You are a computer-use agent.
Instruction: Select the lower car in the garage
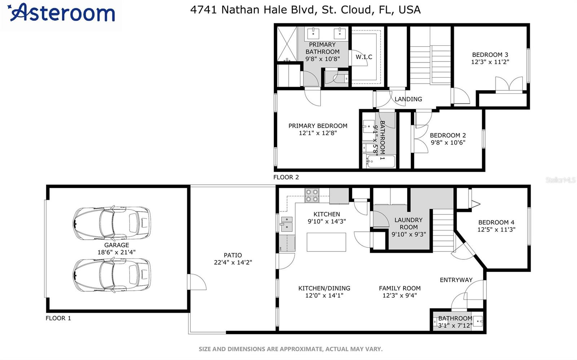tap(112, 275)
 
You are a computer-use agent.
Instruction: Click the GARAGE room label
tap(116, 245)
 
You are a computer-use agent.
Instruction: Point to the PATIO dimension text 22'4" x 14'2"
tap(233, 262)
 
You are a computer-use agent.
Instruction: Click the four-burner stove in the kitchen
tap(312, 195)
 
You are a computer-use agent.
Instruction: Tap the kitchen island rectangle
tap(326, 242)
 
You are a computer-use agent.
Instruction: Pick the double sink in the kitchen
tap(287, 224)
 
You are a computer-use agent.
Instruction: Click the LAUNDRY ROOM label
tap(409, 223)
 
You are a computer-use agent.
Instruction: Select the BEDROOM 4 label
tap(496, 222)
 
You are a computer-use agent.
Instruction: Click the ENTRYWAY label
tap(456, 280)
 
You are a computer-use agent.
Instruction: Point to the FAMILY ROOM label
tap(400, 288)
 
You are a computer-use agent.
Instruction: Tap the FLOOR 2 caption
tap(286, 177)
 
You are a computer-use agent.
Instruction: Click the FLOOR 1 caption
tap(58, 318)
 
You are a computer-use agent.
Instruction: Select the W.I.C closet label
tap(364, 57)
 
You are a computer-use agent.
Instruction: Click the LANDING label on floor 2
tap(408, 99)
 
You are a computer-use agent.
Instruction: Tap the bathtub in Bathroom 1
tap(381, 162)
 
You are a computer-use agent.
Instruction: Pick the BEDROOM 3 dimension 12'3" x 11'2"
tap(490, 62)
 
